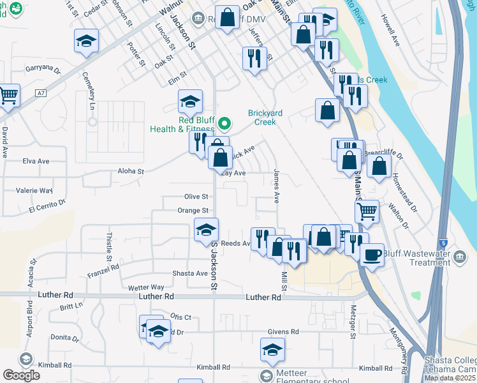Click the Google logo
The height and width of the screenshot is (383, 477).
21,375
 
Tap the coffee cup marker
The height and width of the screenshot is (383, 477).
372,255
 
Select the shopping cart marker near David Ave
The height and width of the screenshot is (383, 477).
8,96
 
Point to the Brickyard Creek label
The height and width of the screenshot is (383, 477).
261,117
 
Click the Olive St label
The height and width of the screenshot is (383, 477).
196,197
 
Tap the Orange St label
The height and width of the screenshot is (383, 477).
193,210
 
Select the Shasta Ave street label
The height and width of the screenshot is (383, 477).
190,273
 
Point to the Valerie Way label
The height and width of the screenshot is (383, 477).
34,190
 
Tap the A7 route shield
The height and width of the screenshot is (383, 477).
41,93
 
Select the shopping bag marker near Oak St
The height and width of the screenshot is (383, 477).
227,19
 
